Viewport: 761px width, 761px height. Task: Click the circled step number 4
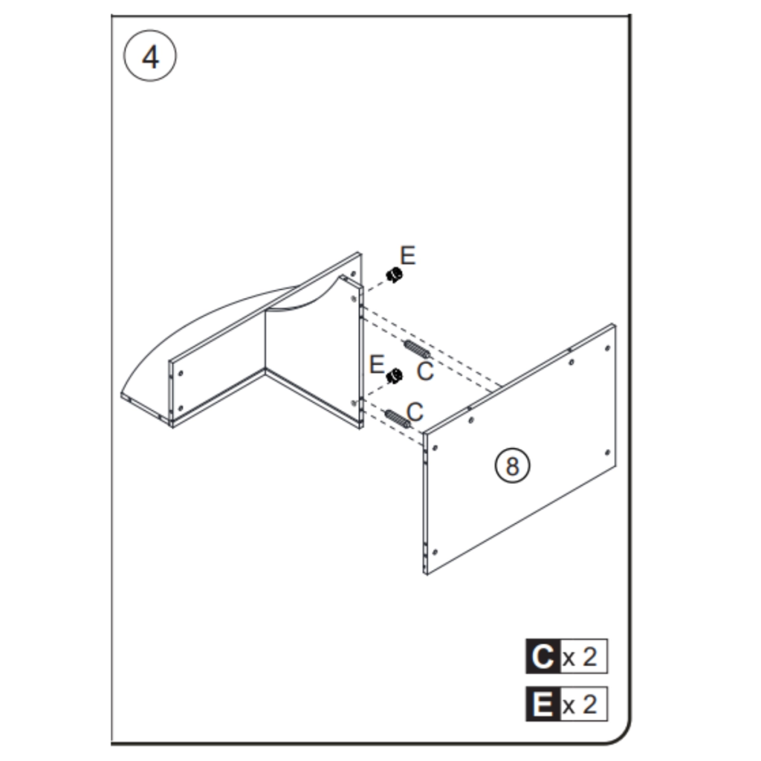pos(150,57)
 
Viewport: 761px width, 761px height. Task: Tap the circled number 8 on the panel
pos(512,466)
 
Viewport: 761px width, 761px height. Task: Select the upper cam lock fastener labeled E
pos(395,276)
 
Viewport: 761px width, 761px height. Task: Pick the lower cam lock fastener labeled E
pos(393,377)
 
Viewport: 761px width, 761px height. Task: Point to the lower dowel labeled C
pos(397,418)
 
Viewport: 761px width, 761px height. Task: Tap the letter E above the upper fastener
pos(408,256)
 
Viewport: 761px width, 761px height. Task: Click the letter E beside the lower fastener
pos(377,365)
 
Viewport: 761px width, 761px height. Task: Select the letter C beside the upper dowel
pos(424,371)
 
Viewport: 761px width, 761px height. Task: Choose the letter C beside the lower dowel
pos(415,410)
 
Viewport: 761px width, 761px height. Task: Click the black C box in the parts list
pos(542,657)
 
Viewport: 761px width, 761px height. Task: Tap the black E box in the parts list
pos(542,704)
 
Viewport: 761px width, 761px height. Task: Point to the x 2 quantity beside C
pos(580,657)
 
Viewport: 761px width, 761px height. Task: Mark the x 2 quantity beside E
pos(580,704)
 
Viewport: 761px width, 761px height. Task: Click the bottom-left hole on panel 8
pos(435,551)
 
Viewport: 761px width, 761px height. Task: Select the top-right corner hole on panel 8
pos(607,348)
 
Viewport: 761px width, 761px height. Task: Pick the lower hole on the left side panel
pos(181,408)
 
